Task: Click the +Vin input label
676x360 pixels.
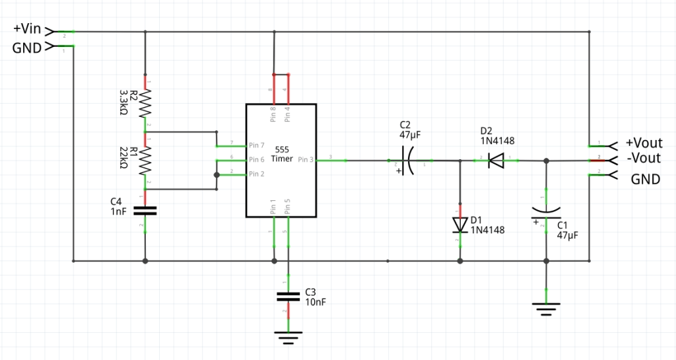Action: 27,29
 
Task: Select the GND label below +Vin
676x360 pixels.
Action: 27,47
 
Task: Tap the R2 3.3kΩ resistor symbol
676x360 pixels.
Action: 145,104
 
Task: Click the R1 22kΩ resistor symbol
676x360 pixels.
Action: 145,161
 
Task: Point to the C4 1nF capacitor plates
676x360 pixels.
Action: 145,211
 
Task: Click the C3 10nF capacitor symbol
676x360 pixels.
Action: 288,297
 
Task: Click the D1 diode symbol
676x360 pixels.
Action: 459,225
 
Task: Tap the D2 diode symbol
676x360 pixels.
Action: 496,161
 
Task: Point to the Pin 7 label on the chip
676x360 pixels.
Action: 257,145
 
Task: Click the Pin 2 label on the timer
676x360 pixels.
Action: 257,174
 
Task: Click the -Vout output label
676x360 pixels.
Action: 643,159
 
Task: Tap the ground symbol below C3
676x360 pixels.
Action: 288,337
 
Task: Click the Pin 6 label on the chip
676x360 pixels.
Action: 257,160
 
